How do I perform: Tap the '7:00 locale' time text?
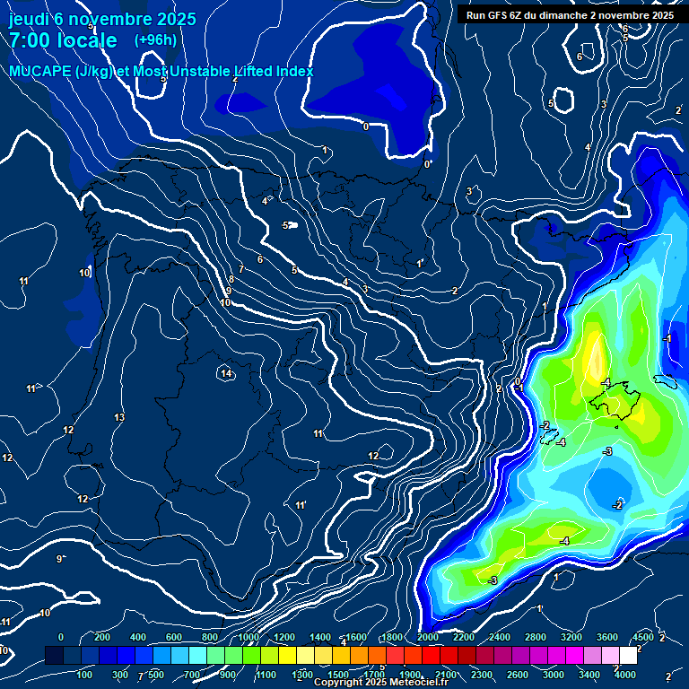[x=63, y=40]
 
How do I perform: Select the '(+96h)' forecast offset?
[x=155, y=39]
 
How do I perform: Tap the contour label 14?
[x=226, y=373]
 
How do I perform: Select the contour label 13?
[x=119, y=418]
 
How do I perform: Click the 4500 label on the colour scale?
[x=643, y=637]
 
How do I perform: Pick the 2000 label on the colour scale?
[x=428, y=637]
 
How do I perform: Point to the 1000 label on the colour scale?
[x=249, y=637]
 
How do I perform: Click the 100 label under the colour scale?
[x=85, y=674]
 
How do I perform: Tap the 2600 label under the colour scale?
[x=517, y=674]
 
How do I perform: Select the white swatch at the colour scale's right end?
[x=628, y=657]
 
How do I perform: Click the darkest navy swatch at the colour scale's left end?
[x=54, y=657]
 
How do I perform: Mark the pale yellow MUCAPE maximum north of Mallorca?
[x=594, y=353]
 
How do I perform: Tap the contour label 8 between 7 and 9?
[x=231, y=279]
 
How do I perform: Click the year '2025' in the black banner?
[x=658, y=15]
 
